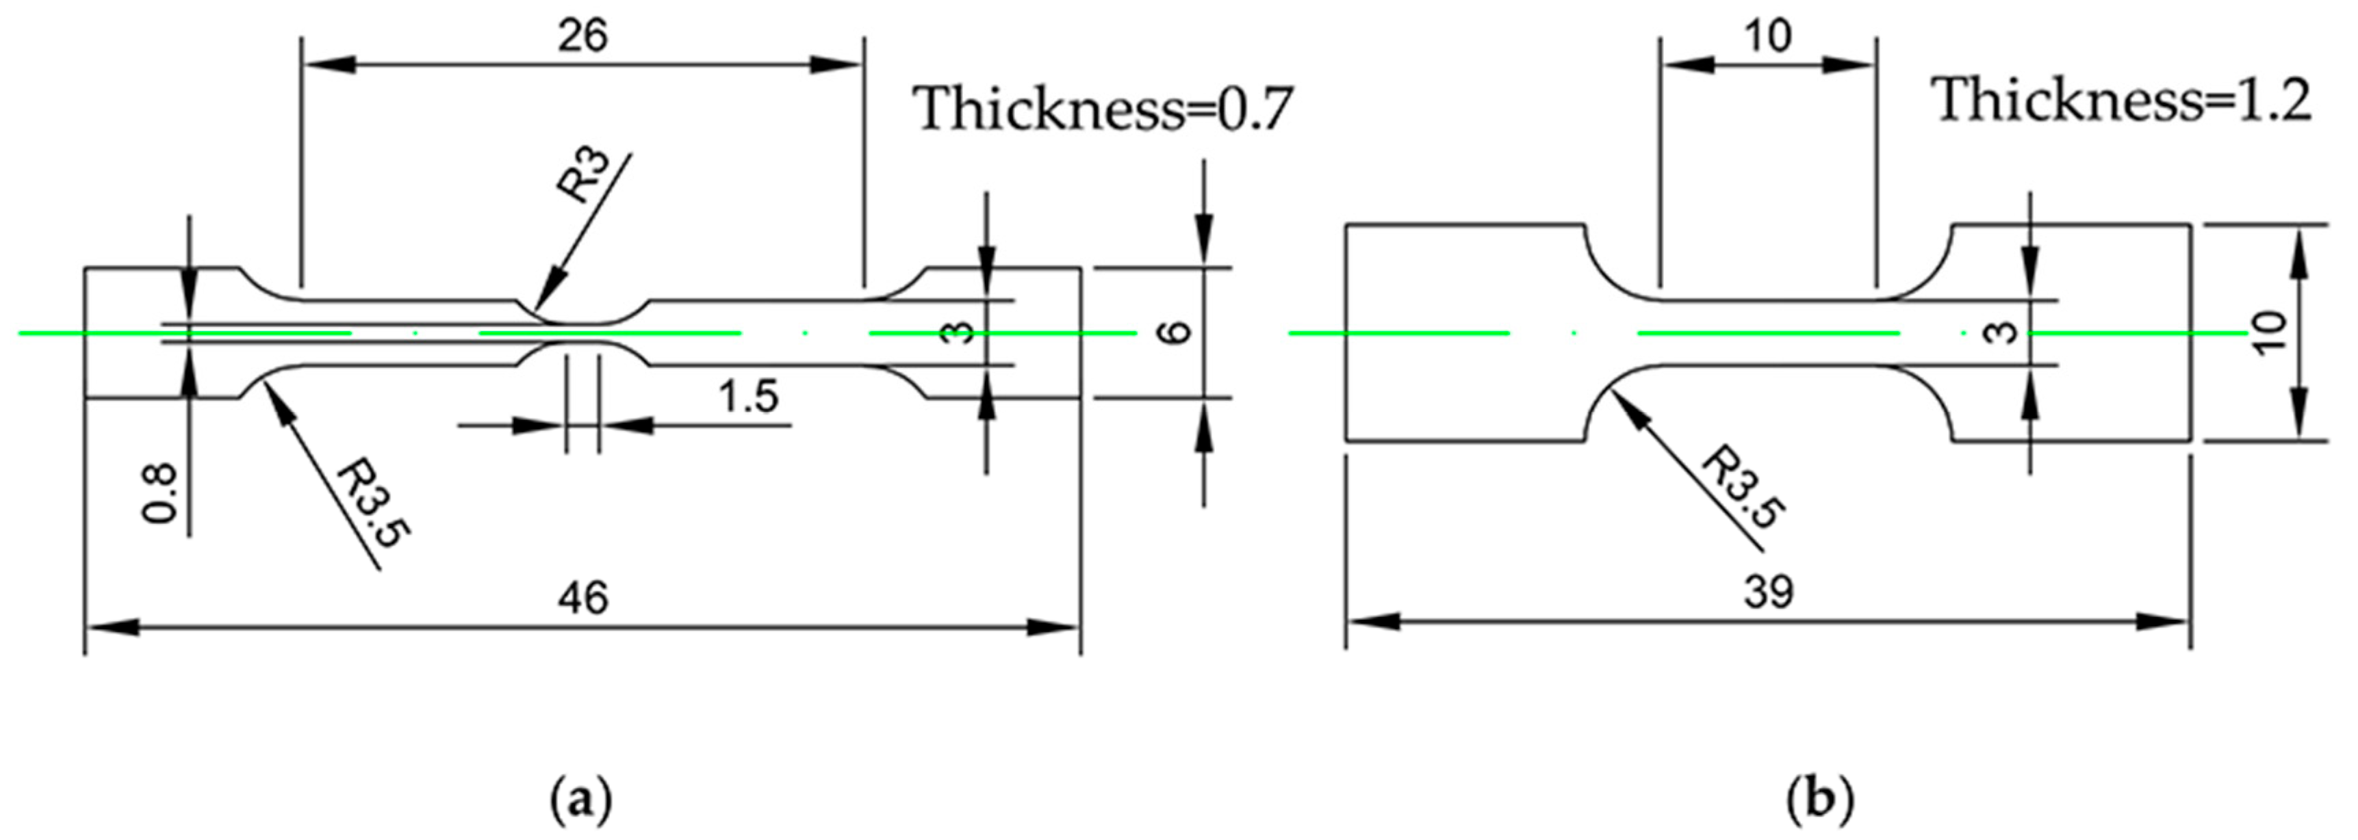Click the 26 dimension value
(x=582, y=38)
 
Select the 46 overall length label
(x=582, y=599)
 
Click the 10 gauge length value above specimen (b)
(x=1767, y=38)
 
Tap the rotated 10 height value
(x=2269, y=333)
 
